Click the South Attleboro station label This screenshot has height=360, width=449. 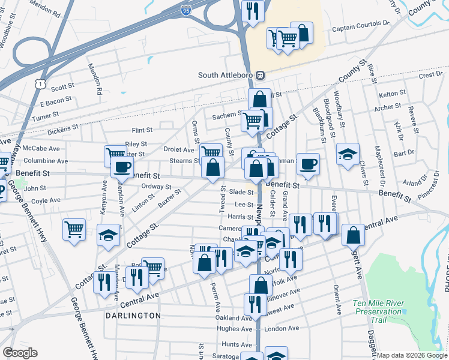226,75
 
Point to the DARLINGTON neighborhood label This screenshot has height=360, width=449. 133,315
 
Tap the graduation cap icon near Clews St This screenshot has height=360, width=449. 348,154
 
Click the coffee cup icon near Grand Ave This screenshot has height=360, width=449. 309,164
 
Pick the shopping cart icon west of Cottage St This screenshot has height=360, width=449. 74,229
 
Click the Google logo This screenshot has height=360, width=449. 20,353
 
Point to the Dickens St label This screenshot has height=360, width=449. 63,128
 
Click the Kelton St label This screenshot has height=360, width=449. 393,94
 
